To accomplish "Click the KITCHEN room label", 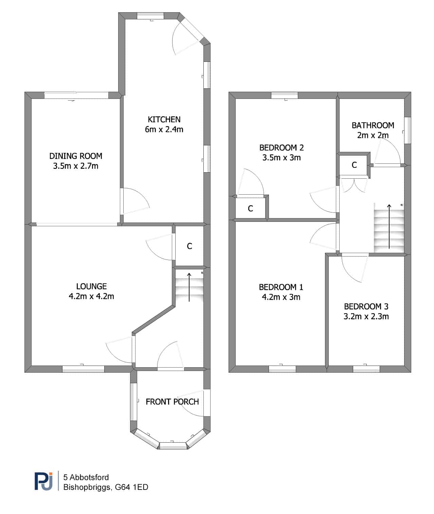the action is pyautogui.click(x=164, y=120).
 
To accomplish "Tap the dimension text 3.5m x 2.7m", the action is pyautogui.click(x=76, y=166).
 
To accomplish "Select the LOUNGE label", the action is pyautogui.click(x=91, y=286).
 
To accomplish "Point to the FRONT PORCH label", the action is pyautogui.click(x=172, y=402).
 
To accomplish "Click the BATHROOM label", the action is pyautogui.click(x=373, y=126).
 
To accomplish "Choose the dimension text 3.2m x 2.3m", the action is pyautogui.click(x=366, y=317).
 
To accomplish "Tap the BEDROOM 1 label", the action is pyautogui.click(x=281, y=287).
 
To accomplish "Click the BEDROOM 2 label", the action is pyautogui.click(x=282, y=148).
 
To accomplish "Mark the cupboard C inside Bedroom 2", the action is pyautogui.click(x=251, y=209).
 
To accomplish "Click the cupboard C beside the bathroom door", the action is pyautogui.click(x=354, y=165).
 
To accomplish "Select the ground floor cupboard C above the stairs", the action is pyautogui.click(x=189, y=246).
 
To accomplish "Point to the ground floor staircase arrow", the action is pyautogui.click(x=189, y=287).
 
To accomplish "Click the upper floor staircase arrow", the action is pyautogui.click(x=389, y=226).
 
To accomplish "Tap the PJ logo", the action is pyautogui.click(x=43, y=481).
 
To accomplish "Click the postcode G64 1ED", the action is pyautogui.click(x=132, y=487).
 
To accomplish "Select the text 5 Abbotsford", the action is pyautogui.click(x=86, y=477).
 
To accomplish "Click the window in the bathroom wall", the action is pyautogui.click(x=408, y=130).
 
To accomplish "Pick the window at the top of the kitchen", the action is pyautogui.click(x=150, y=16).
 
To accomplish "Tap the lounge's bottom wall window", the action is pyautogui.click(x=84, y=369).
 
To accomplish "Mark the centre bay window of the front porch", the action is pyautogui.click(x=173, y=446).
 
